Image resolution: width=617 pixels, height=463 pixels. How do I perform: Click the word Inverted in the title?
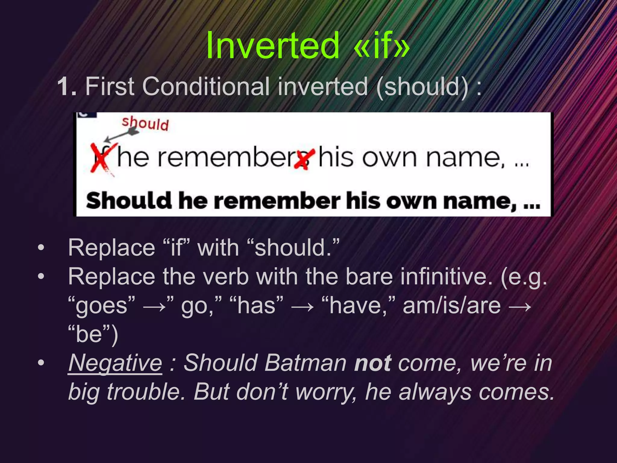click(273, 46)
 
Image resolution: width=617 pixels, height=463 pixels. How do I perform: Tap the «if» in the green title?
click(381, 46)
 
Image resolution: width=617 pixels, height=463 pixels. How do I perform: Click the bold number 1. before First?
click(67, 87)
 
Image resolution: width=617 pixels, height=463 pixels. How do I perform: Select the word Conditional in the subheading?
click(205, 87)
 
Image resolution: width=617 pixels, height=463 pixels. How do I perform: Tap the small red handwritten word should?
click(145, 124)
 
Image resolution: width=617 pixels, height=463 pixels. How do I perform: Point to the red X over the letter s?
click(305, 159)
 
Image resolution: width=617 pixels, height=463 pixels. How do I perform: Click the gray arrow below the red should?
click(122, 136)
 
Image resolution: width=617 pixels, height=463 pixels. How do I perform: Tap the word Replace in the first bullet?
click(111, 248)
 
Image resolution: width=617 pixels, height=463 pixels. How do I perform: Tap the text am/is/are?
click(452, 306)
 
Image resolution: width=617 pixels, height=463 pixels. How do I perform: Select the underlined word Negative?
click(115, 363)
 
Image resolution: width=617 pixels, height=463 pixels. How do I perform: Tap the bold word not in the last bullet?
click(373, 363)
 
